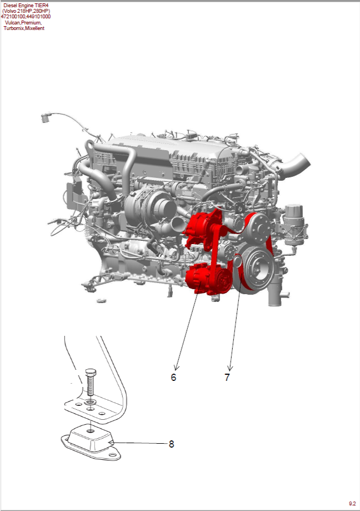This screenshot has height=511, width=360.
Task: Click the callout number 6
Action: pyautogui.click(x=173, y=377)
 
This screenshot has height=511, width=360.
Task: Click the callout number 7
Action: pyautogui.click(x=227, y=377)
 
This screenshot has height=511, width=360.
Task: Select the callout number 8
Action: pyautogui.click(x=172, y=444)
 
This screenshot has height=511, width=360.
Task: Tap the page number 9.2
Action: pyautogui.click(x=352, y=504)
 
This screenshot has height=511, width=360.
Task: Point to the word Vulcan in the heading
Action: pyautogui.click(x=13, y=22)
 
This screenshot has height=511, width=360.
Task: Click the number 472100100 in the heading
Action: pyautogui.click(x=13, y=17)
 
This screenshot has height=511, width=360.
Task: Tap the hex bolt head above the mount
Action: pyautogui.click(x=91, y=372)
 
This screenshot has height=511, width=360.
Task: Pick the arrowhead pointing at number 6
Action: pyautogui.click(x=177, y=368)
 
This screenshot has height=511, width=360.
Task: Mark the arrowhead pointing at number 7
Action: pyautogui.click(x=230, y=368)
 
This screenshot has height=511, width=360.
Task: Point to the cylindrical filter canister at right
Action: pyautogui.click(x=294, y=225)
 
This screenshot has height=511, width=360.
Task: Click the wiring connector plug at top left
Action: pyautogui.click(x=46, y=117)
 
